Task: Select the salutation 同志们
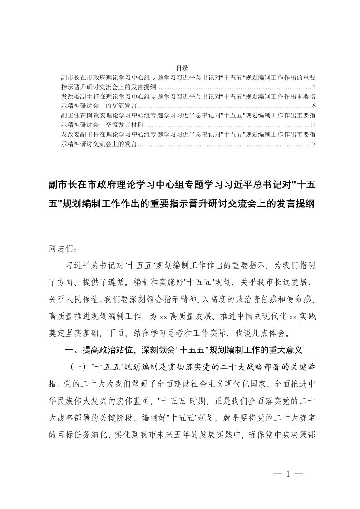59,249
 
